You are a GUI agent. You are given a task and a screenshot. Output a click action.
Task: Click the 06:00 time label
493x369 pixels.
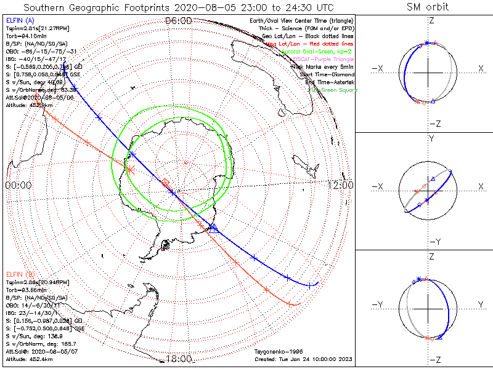pos(179,21)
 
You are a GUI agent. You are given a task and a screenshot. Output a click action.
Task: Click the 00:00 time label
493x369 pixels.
pos(17,185)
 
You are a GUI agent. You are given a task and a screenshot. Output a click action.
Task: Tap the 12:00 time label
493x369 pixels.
pos(340,185)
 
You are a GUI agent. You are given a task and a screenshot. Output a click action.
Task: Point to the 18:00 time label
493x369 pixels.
pos(179,359)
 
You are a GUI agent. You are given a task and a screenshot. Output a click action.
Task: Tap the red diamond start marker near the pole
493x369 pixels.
pos(165,182)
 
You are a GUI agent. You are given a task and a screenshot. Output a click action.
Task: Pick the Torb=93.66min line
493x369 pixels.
pos(26,289)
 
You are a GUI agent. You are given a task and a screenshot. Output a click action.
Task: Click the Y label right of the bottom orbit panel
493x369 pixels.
pos(480,304)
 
